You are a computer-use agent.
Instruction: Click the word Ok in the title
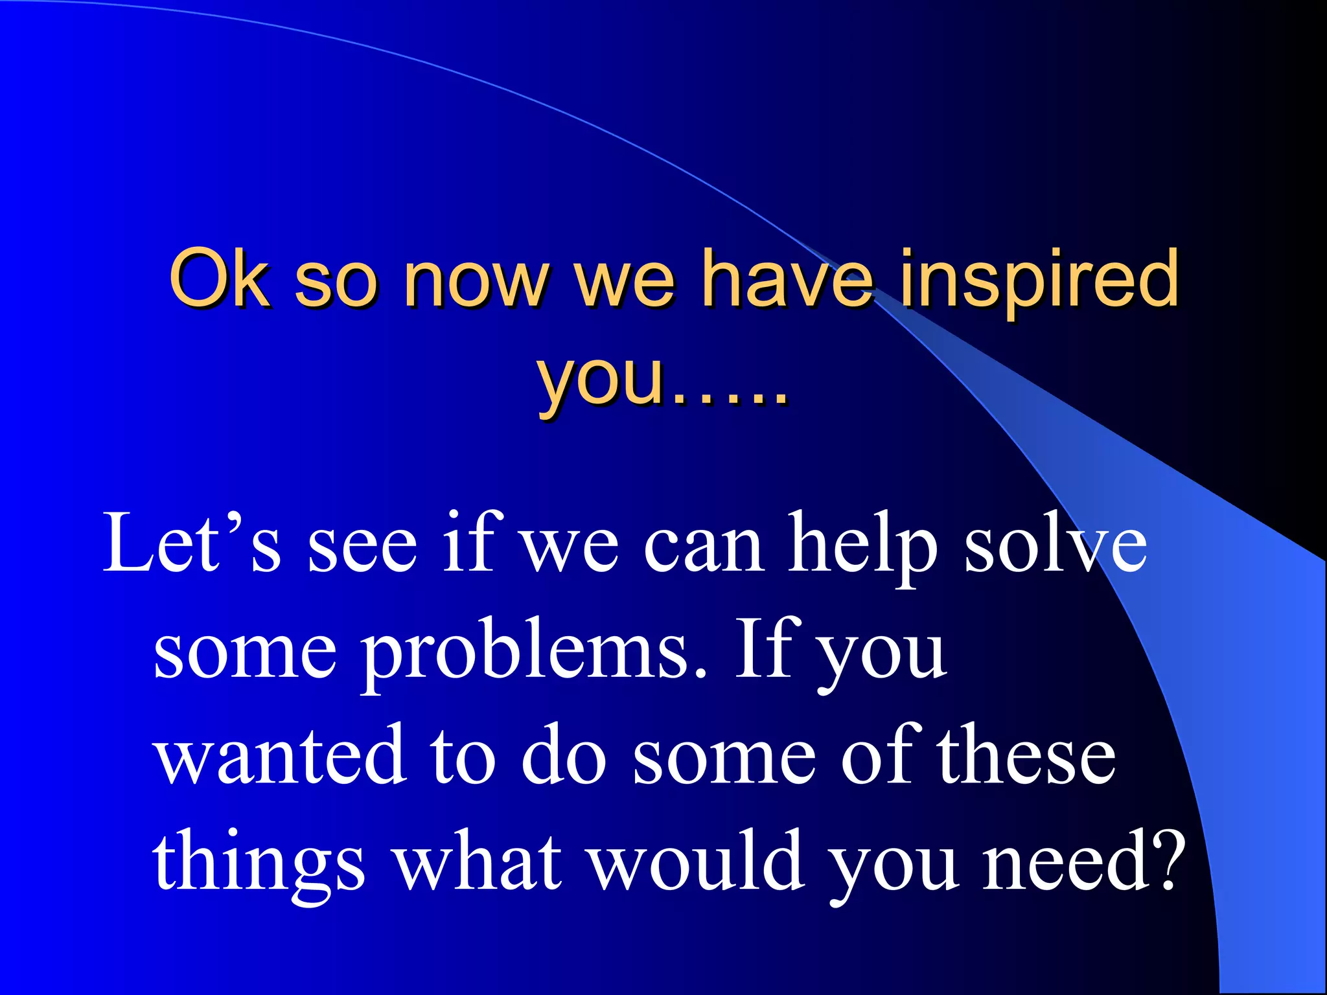tap(218, 279)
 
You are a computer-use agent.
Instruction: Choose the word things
tap(259, 865)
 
